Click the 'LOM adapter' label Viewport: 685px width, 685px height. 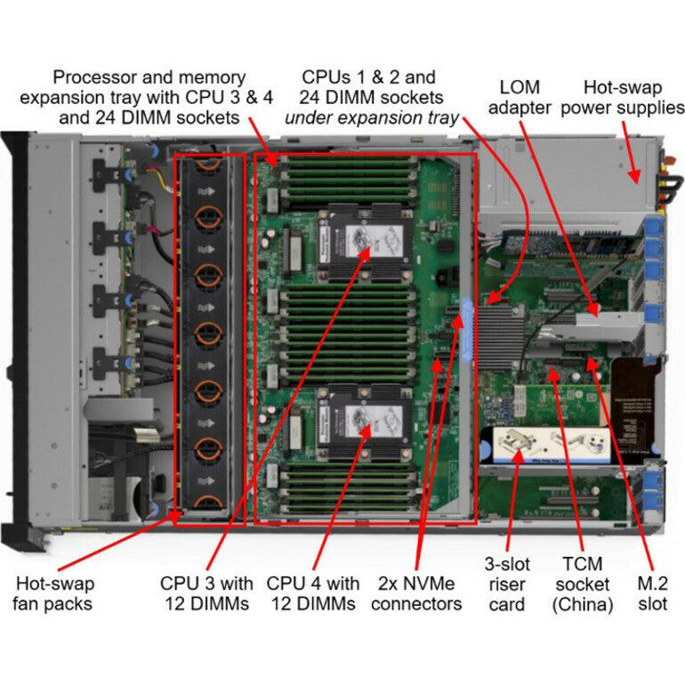click(520, 97)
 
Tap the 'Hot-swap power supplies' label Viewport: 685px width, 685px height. click(634, 97)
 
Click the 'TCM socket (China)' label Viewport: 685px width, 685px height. click(582, 584)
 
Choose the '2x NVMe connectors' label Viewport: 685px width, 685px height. click(416, 594)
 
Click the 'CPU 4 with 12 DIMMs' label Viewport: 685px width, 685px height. click(313, 594)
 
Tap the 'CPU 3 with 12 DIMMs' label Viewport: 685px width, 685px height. click(206, 594)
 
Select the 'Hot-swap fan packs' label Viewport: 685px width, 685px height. click(54, 594)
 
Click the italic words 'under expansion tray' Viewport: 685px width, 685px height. click(371, 117)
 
